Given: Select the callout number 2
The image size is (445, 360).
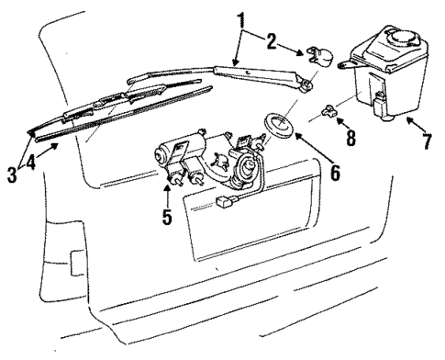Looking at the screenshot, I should coord(272,41).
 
